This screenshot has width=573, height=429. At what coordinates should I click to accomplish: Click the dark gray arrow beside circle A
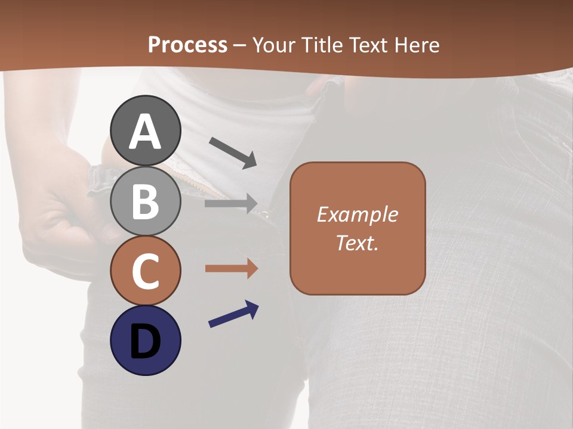(x=233, y=152)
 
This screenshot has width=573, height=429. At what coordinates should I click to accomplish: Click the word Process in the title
(x=187, y=45)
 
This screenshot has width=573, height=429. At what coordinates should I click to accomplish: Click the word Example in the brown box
(x=358, y=215)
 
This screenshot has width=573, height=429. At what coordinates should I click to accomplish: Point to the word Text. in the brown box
(x=358, y=243)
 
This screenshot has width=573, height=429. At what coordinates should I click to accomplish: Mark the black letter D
(x=145, y=341)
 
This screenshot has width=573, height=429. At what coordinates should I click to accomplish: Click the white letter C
(x=145, y=271)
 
